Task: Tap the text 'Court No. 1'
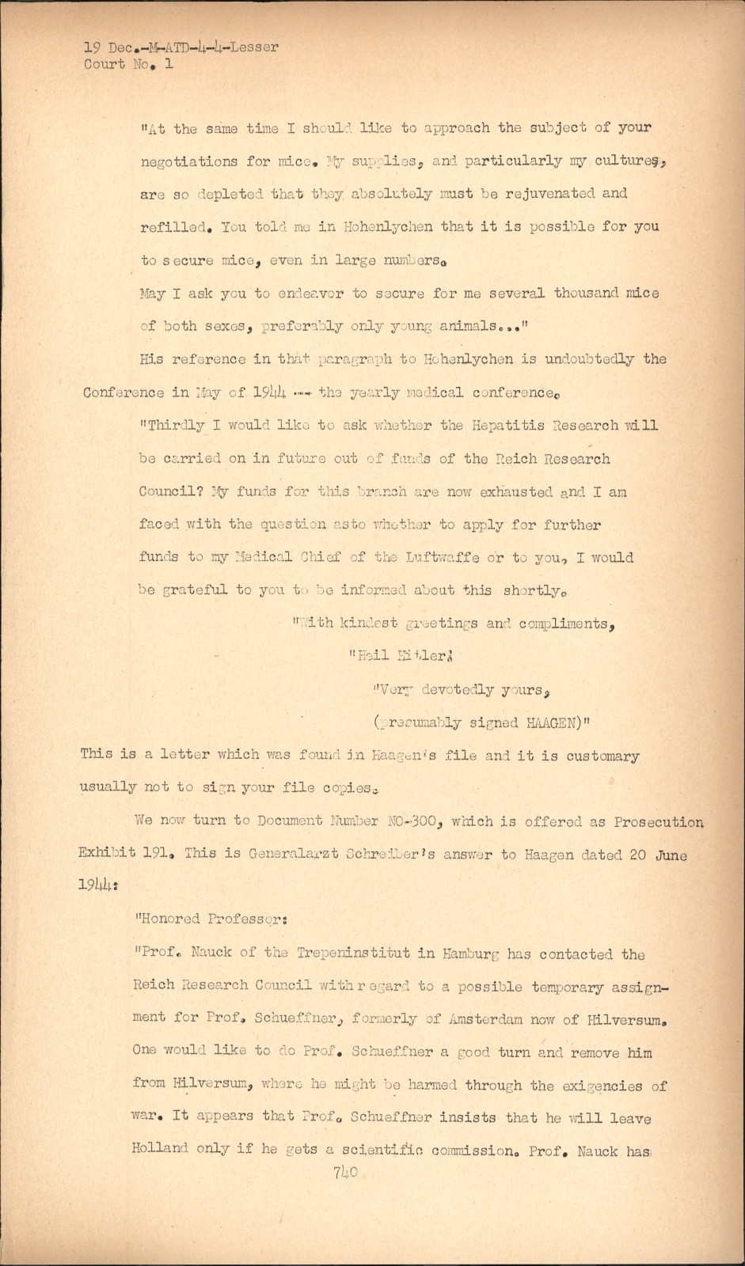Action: (x=128, y=65)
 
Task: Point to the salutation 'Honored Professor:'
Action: (x=206, y=919)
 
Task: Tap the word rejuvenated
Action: (x=521, y=193)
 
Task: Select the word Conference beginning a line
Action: (x=124, y=392)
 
